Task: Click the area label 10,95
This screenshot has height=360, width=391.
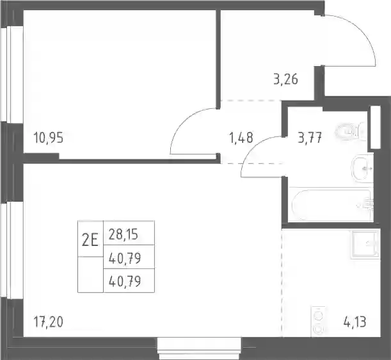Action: [49, 138]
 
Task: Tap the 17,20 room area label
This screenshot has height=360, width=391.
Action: [49, 322]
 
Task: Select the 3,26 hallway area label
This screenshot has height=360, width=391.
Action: [286, 80]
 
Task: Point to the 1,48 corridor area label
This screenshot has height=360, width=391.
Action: [241, 138]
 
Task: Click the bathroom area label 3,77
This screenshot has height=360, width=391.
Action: [310, 138]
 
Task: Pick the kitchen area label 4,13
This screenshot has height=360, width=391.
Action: [355, 322]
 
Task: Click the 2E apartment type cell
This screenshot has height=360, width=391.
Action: [90, 239]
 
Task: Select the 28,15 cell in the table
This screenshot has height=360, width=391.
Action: [129, 233]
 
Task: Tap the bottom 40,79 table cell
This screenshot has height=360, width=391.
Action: [129, 281]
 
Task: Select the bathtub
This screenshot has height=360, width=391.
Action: [332, 206]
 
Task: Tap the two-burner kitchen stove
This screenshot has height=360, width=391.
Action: [318, 322]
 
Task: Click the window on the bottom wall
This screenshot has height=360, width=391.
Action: [199, 348]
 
